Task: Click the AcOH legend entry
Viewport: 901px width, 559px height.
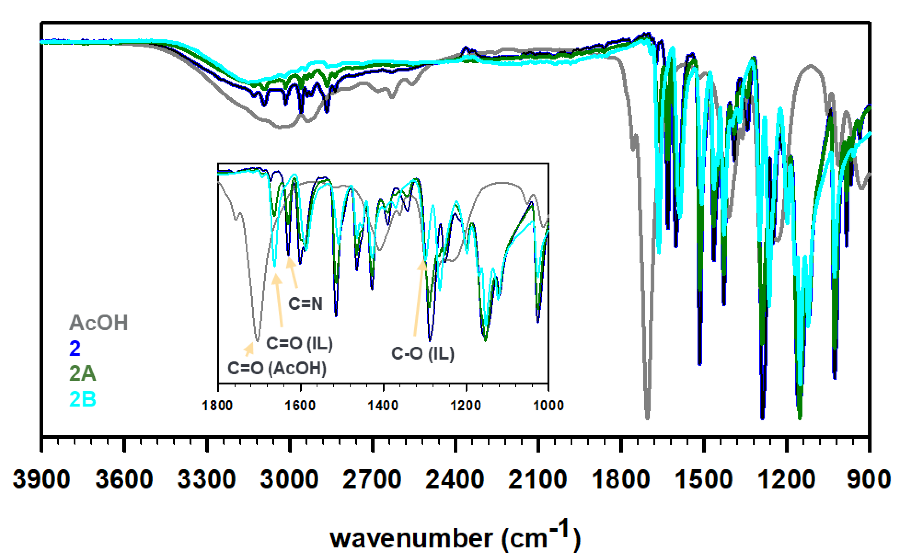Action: coord(98,322)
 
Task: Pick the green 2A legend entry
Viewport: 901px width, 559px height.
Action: coord(82,373)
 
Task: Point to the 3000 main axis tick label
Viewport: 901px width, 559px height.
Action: coord(289,480)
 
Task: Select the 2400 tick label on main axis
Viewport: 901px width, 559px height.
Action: coord(455,480)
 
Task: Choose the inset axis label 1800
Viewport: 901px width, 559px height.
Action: coord(217,406)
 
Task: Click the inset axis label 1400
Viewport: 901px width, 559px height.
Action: coord(383,406)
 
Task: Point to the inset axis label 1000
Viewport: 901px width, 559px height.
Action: coord(548,406)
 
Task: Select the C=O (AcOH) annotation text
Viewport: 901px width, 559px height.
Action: coord(277,368)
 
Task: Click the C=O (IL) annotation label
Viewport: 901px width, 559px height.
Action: coord(299,343)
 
